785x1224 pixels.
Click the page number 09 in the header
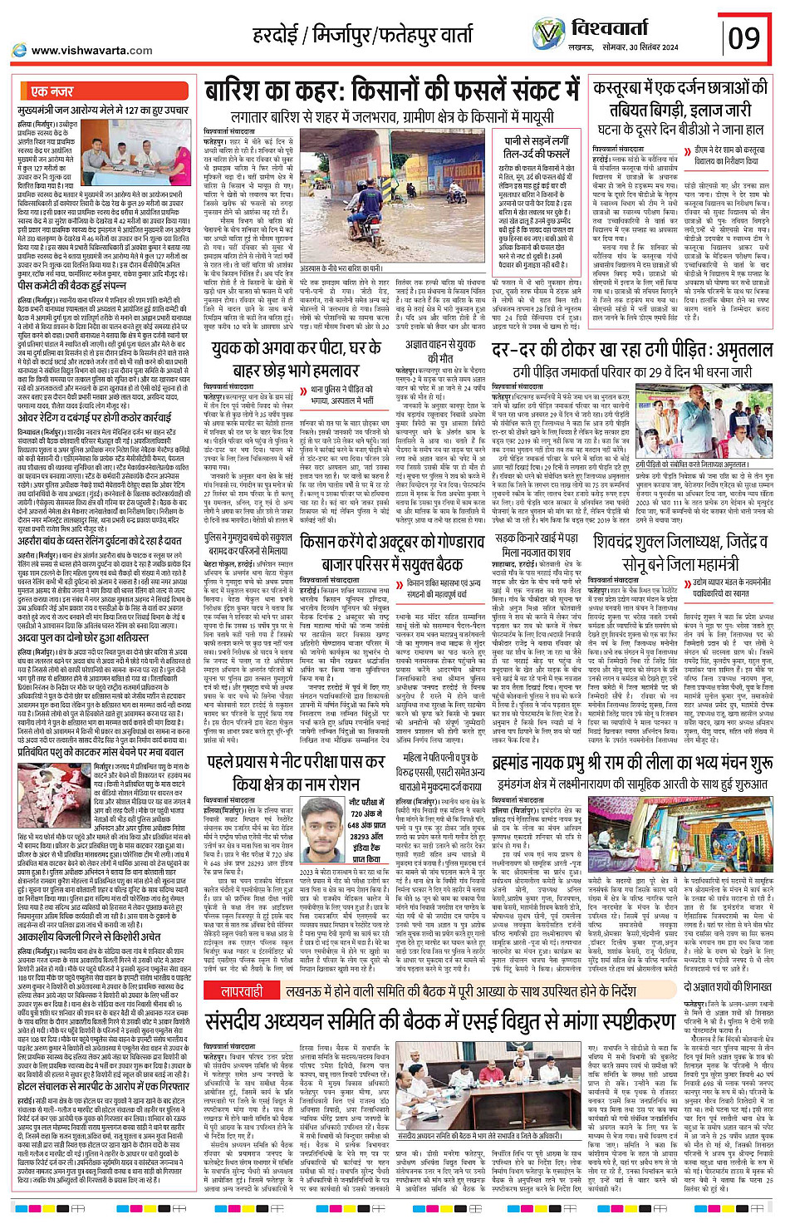(743, 37)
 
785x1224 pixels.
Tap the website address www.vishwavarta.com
(91, 51)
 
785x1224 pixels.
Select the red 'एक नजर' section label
(52, 91)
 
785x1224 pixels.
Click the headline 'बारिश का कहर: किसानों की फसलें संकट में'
(392, 91)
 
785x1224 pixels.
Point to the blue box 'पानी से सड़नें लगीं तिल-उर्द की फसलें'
(536, 147)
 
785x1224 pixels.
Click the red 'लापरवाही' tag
(242, 992)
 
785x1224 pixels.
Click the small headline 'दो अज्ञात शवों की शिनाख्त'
(728, 986)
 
